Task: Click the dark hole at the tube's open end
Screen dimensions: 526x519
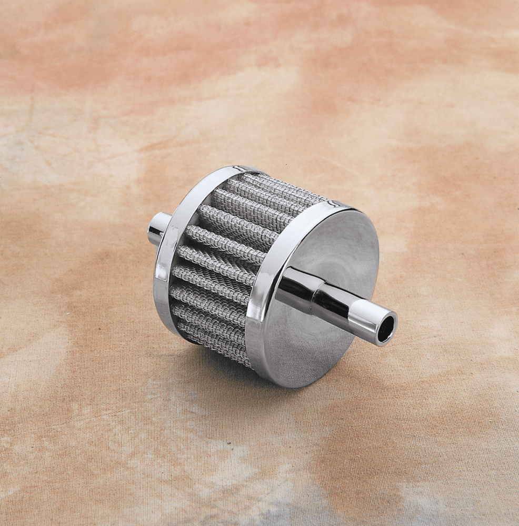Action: click(386, 329)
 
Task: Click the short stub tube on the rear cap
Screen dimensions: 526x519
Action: click(159, 229)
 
